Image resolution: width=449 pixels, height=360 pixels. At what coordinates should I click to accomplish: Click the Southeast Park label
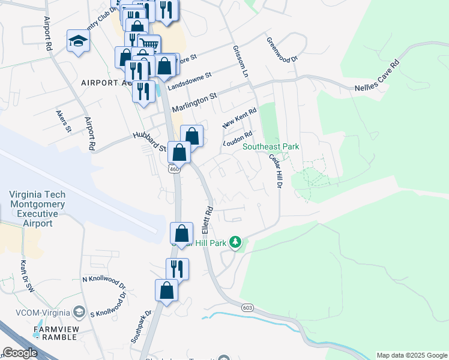tap(271, 147)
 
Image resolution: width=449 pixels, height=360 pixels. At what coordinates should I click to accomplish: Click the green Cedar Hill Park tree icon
tap(236, 242)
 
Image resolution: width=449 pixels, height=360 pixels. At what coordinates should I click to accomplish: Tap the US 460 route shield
tap(174, 169)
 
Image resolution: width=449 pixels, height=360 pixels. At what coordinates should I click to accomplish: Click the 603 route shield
tap(247, 308)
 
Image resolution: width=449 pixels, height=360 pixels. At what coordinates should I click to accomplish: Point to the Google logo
tap(20, 353)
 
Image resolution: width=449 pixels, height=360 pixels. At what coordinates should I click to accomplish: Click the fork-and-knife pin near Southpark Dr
tap(177, 269)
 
